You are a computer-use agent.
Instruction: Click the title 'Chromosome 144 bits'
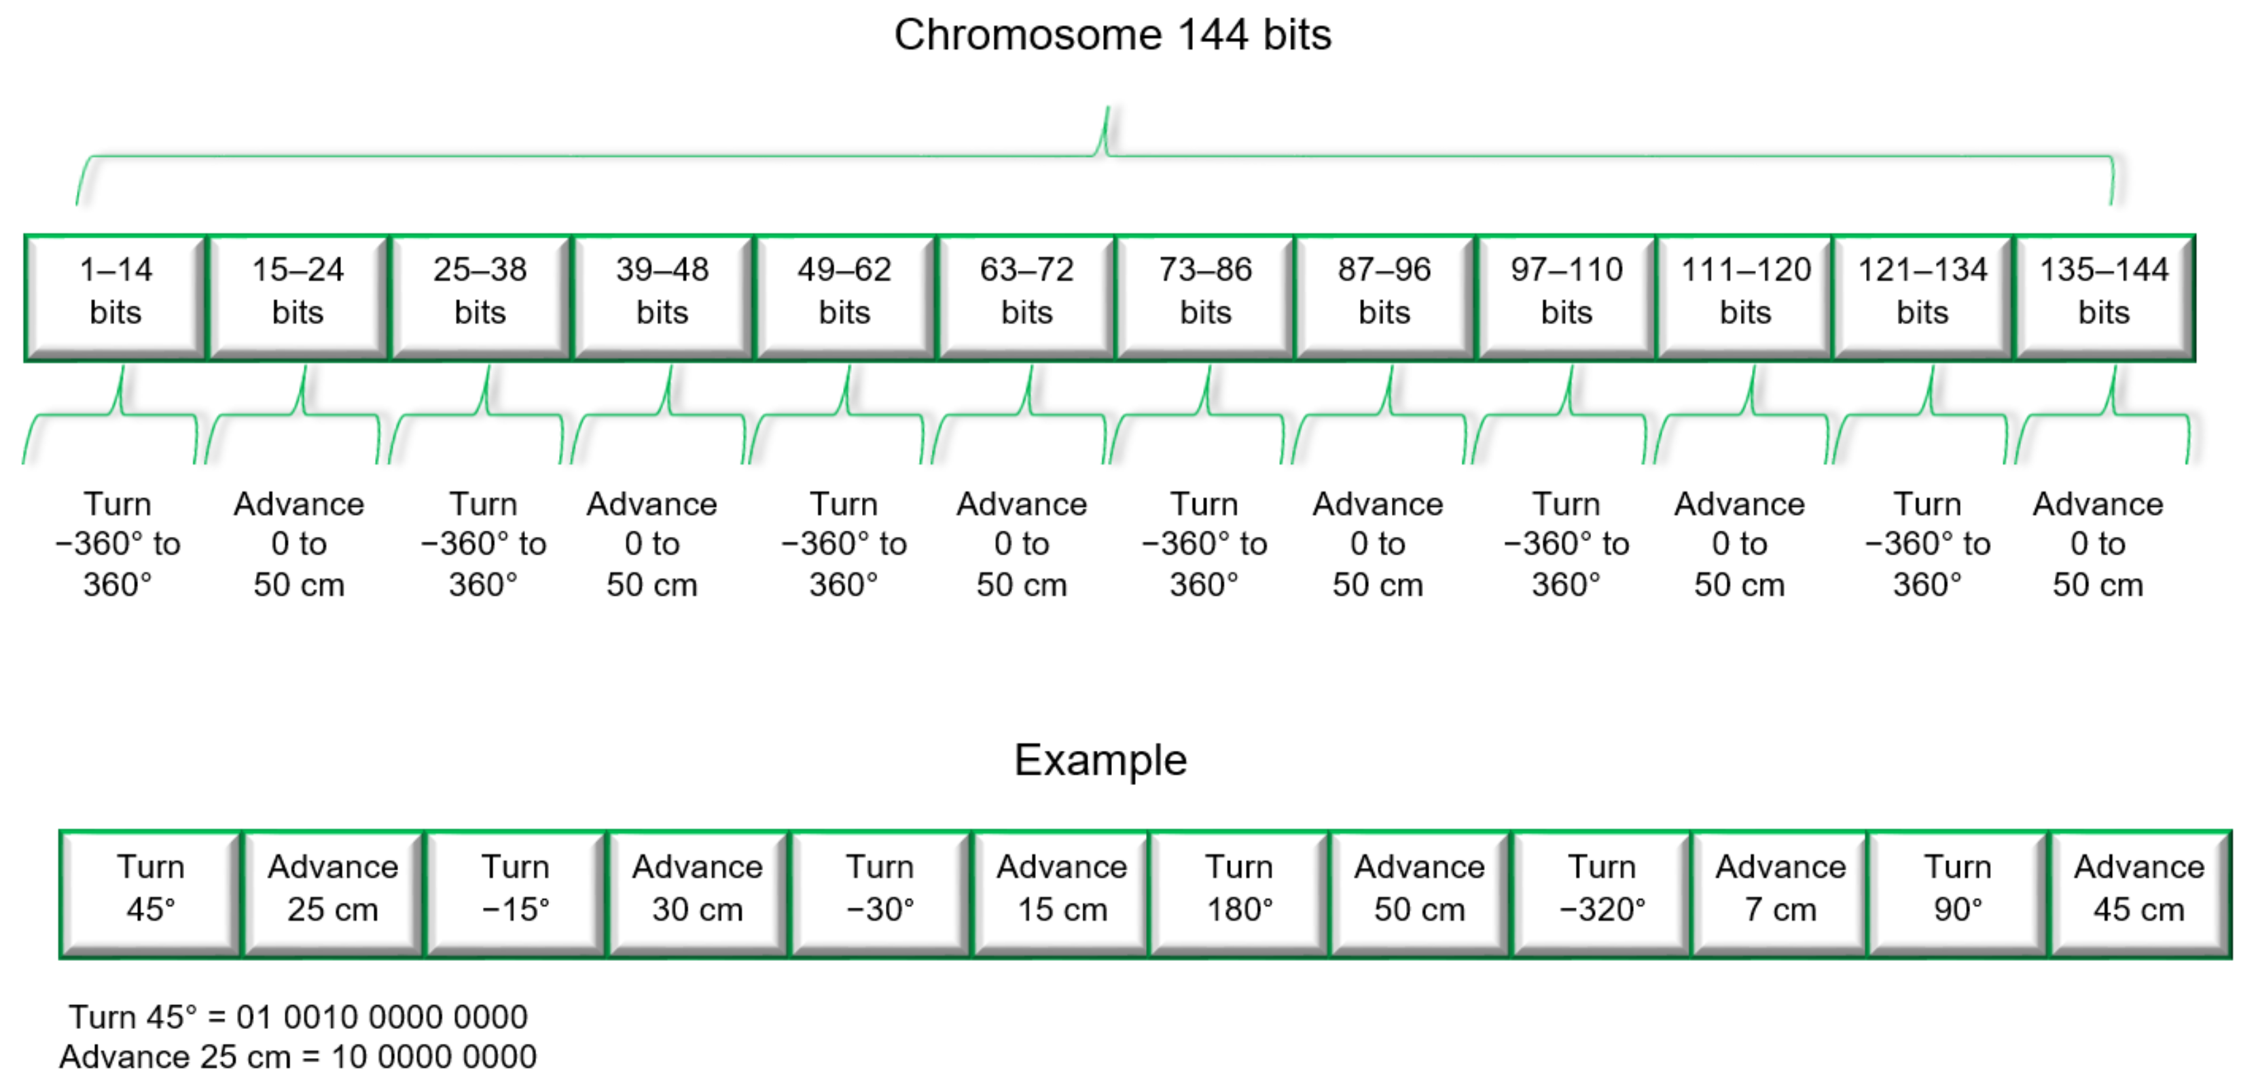point(1111,36)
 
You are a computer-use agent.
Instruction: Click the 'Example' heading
point(1100,760)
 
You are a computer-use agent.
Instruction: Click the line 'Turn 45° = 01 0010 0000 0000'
point(298,1017)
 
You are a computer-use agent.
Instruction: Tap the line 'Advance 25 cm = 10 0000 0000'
point(298,1057)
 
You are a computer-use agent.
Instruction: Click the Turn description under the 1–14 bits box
point(118,544)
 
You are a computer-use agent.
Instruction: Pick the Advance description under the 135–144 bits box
point(2098,544)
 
